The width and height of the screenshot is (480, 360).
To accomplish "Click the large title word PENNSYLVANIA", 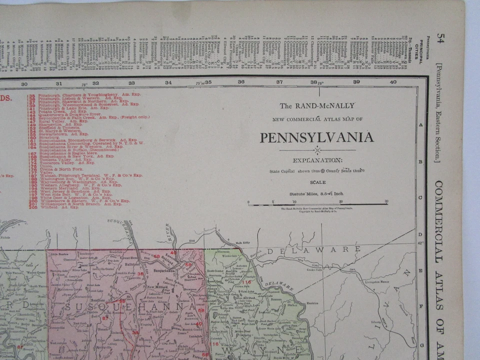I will point(317,137).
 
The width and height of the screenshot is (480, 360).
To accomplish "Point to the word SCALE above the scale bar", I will point(317,183).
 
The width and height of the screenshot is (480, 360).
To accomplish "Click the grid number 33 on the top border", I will point(131,82).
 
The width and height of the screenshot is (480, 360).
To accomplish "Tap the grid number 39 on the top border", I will point(356,82).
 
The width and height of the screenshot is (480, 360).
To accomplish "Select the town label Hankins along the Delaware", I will point(313,301).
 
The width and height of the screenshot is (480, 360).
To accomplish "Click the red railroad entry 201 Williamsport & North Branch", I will point(75,203).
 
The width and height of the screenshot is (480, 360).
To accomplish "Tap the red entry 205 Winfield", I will point(55,207).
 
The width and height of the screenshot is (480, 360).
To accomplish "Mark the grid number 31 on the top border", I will point(59,83).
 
